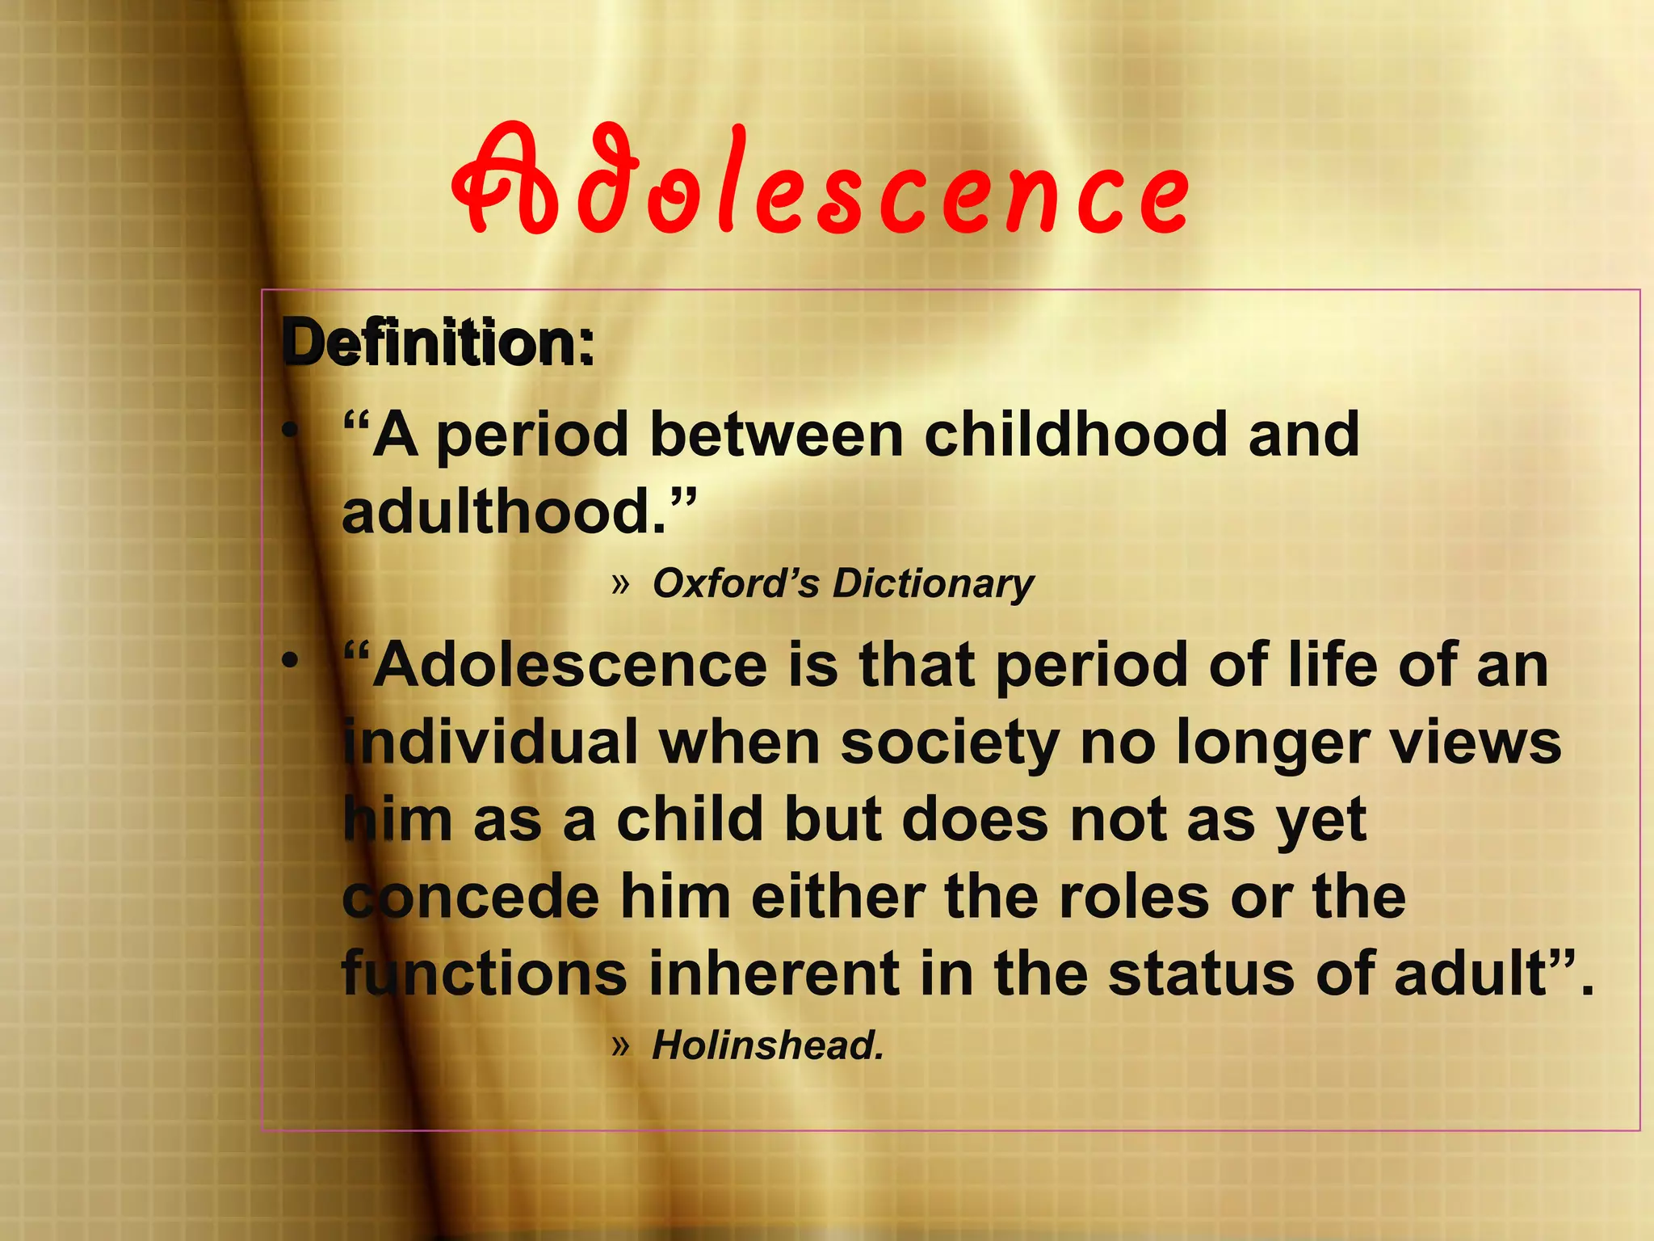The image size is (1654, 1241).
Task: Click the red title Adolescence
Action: (820, 182)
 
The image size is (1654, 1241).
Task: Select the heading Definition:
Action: (439, 343)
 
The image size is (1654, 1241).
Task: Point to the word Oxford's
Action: (735, 583)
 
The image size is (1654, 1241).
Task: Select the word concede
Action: (471, 897)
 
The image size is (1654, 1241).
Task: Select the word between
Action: (776, 435)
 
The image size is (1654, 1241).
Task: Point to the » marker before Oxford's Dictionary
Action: (619, 583)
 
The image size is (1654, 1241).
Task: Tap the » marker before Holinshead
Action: (619, 1045)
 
